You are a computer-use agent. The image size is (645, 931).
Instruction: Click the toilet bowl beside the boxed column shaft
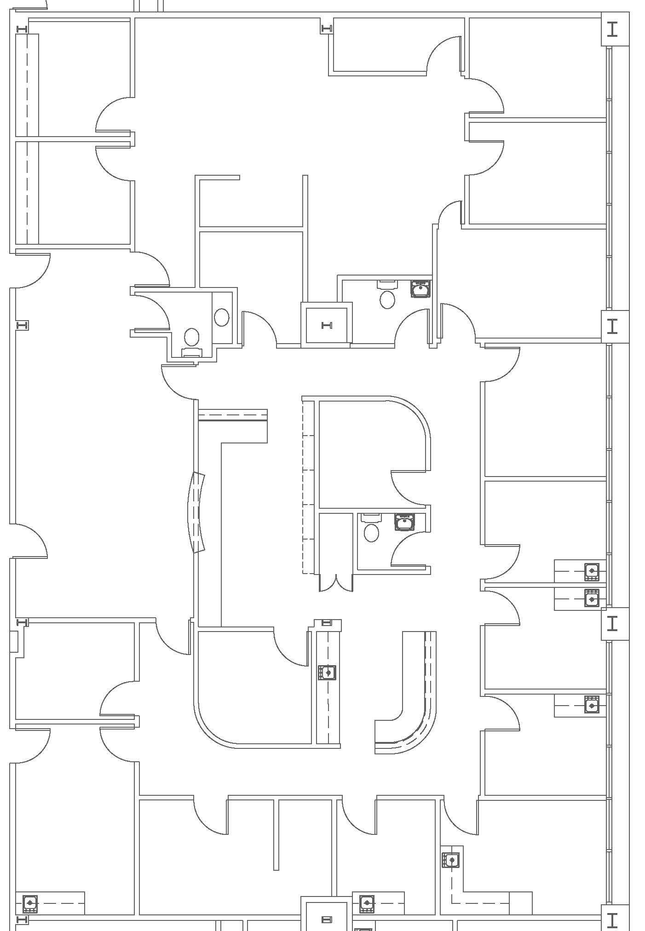[387, 299]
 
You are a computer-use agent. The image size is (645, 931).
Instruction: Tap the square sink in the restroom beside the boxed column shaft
[420, 289]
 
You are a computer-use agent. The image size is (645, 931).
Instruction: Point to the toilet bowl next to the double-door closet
[371, 533]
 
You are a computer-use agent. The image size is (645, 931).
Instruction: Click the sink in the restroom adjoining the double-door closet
[404, 522]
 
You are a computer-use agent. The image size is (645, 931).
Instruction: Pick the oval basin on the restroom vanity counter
[222, 317]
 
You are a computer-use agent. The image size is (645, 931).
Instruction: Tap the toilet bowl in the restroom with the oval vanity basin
[191, 337]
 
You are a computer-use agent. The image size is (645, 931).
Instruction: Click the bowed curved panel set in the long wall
[196, 512]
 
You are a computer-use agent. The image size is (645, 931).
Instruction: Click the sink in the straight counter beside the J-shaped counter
[327, 672]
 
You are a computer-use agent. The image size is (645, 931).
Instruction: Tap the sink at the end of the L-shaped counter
[451, 860]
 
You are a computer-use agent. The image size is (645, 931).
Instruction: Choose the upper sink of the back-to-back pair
[592, 571]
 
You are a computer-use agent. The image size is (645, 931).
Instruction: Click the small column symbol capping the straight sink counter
[326, 622]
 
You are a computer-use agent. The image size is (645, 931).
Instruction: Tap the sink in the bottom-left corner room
[30, 902]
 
